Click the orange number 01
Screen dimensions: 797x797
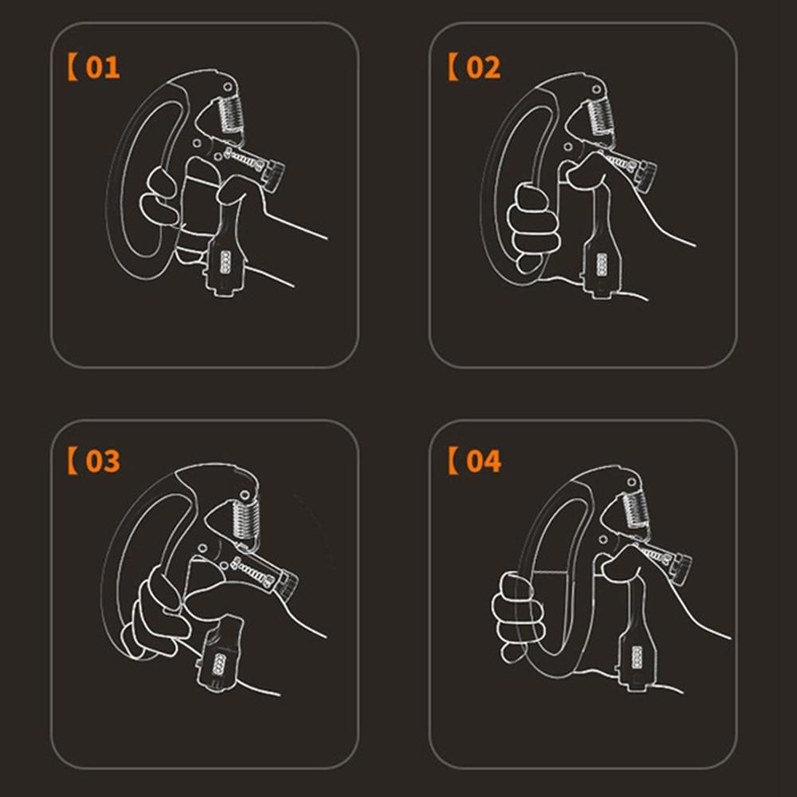pos(103,67)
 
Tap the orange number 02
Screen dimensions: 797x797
pos(482,67)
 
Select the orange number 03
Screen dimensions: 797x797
pos(103,461)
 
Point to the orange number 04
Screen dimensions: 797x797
pos(483,461)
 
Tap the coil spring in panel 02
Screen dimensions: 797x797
pos(601,119)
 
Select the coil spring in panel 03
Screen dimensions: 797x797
pos(246,519)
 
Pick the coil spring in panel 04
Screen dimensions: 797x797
pos(635,510)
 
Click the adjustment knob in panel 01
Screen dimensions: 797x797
pos(273,175)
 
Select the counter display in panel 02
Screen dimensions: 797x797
pos(602,265)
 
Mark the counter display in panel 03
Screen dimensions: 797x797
pos(219,663)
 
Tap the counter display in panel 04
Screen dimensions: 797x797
pos(636,658)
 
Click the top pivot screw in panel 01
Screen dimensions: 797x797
pos(227,87)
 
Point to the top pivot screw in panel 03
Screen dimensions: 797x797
pos(244,494)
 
